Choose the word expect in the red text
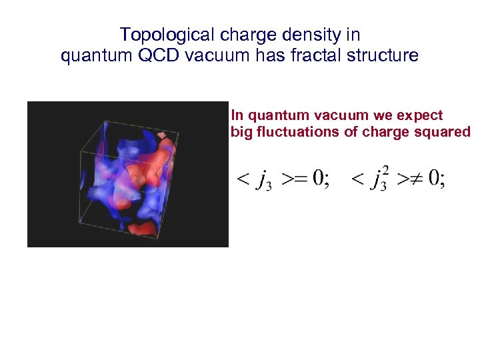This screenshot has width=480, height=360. coord(421,116)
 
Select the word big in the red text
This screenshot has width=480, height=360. coord(241,132)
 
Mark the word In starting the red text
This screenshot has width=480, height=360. coord(236,116)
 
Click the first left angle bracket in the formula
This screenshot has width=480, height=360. coord(244,179)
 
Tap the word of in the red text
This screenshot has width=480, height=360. coord(351,132)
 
